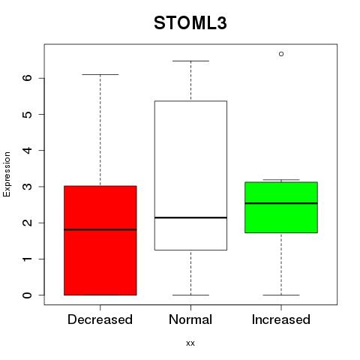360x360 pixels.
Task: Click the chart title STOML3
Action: (190, 23)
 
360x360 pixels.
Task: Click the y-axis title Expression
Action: (7, 174)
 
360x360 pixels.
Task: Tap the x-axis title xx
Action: (190, 343)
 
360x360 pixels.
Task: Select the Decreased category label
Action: (100, 319)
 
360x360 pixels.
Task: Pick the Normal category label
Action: (190, 319)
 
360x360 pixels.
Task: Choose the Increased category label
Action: (281, 319)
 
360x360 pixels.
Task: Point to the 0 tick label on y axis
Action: (28, 295)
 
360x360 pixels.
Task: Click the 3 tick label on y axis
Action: (28, 187)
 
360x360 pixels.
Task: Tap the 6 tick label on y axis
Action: (28, 78)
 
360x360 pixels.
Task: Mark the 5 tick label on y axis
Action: (28, 114)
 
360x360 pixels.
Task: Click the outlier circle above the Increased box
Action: (281, 54)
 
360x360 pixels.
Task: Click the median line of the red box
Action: (100, 229)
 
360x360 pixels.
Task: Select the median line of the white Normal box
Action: (190, 217)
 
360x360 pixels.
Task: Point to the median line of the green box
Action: (281, 203)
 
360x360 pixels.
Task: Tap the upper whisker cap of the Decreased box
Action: (100, 74)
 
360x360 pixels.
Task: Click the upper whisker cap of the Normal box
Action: (190, 61)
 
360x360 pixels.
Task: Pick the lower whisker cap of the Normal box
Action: (190, 295)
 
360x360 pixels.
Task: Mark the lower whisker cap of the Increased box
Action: (281, 295)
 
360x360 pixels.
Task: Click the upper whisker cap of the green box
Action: (281, 179)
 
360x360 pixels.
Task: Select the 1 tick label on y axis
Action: (28, 259)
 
